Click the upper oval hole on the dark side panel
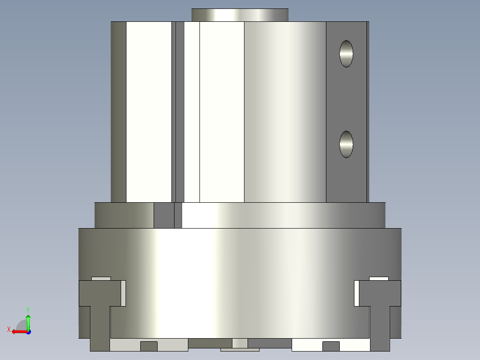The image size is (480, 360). [x=346, y=53]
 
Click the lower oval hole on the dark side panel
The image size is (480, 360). [x=346, y=144]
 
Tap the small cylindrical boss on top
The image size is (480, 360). [x=240, y=15]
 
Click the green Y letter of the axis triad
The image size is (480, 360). [x=28, y=310]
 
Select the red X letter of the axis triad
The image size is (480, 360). [x=9, y=329]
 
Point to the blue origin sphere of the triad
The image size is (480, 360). [x=28, y=332]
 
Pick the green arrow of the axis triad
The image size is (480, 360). [x=28, y=322]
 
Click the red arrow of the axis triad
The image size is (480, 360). [x=20, y=332]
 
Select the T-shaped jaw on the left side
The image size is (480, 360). [x=100, y=315]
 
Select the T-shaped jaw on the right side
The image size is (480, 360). [x=380, y=315]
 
